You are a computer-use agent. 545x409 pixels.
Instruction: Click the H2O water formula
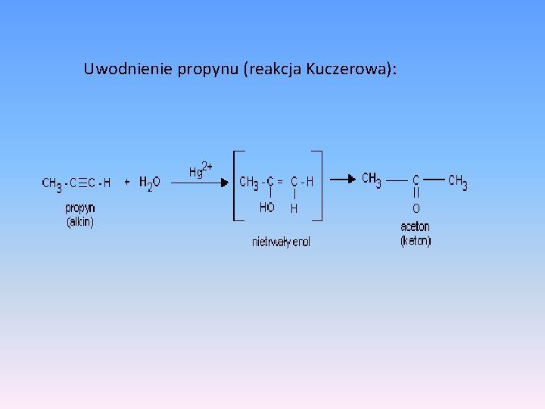149,183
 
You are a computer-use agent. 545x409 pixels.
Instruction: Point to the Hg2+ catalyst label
200,170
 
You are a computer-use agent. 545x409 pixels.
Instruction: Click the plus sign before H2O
126,182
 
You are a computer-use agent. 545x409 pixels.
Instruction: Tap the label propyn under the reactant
80,208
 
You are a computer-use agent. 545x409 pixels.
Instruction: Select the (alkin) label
80,222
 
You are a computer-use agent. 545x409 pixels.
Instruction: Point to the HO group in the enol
267,208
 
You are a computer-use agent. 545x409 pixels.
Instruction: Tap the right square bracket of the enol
318,186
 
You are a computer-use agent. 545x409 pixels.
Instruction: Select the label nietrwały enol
281,242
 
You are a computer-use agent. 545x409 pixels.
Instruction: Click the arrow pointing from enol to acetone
344,180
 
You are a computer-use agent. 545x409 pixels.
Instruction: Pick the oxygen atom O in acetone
416,208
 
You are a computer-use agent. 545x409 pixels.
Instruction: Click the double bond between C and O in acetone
416,194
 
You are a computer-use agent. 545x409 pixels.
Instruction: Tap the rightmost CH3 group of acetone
457,181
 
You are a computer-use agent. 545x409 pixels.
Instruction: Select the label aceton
415,226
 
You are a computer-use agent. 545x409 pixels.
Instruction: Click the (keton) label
415,241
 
